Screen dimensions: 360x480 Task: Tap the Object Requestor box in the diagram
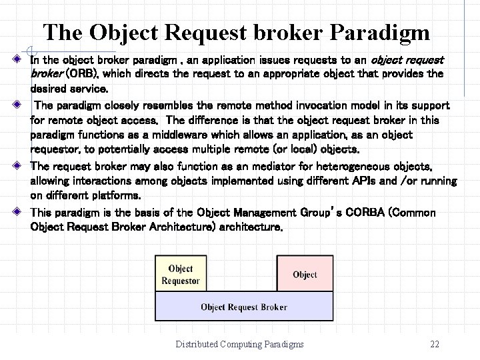181,275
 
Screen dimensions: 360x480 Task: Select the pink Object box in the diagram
305,275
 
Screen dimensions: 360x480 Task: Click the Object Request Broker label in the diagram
244,307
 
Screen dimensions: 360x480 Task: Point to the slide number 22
435,344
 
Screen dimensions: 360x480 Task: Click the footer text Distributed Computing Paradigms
239,344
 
